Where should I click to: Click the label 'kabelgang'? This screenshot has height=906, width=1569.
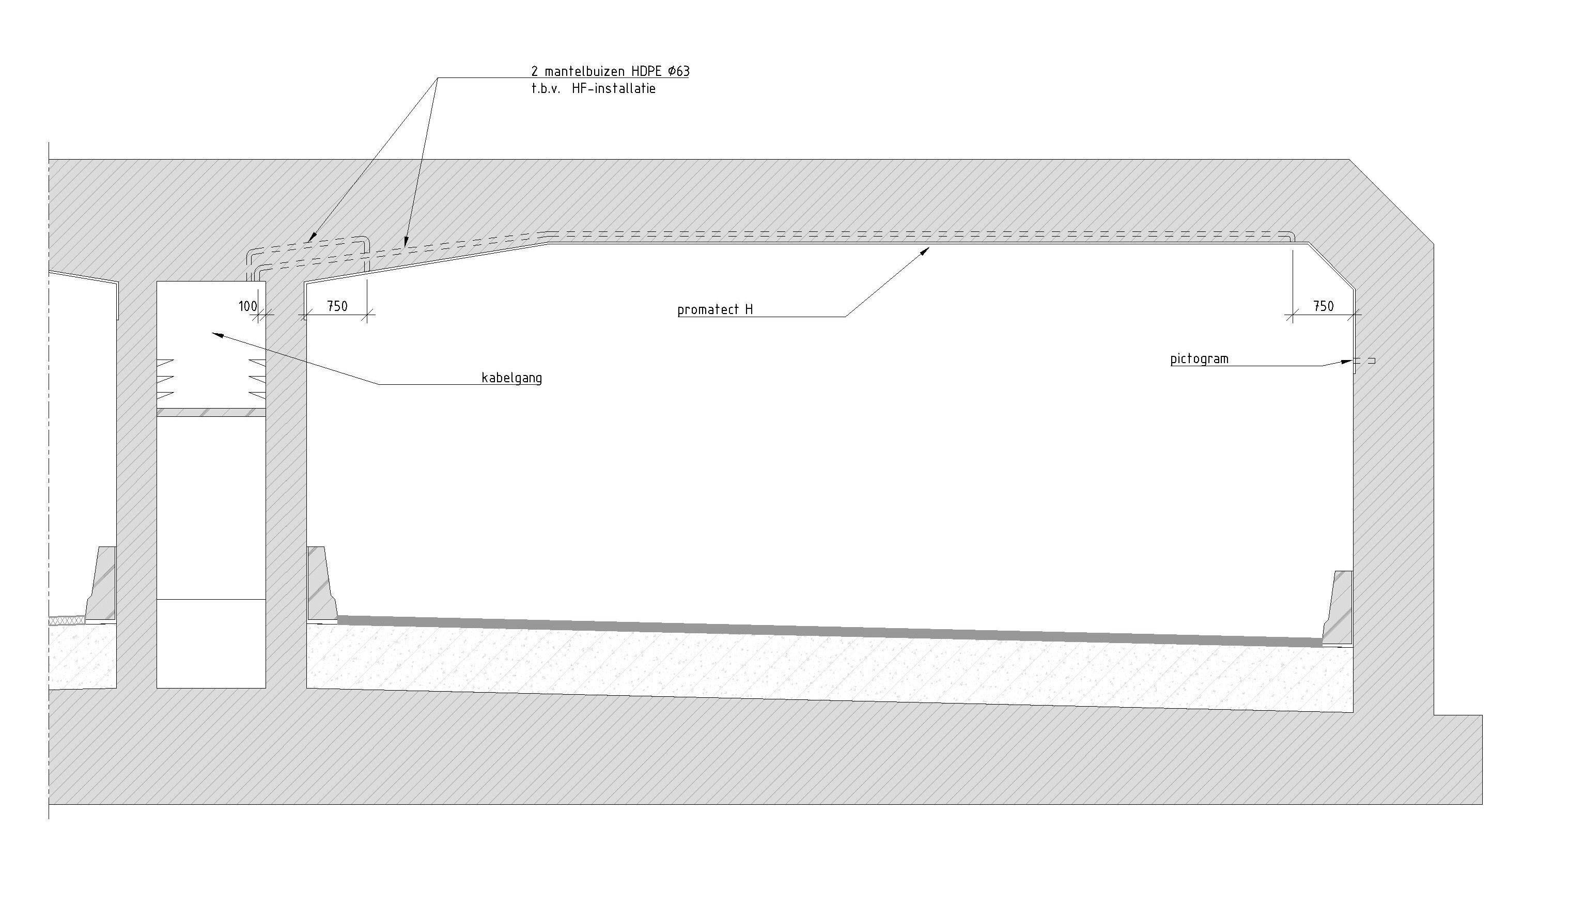coord(511,378)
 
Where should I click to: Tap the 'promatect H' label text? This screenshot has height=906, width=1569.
coord(715,309)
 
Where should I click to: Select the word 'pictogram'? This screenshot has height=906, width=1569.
coord(1199,359)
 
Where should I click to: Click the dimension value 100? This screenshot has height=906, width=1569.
coord(247,306)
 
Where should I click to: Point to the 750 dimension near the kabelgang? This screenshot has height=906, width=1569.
coord(337,306)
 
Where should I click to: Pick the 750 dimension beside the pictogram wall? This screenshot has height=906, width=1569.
coord(1324,306)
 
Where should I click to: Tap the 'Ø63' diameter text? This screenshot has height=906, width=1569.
coord(678,72)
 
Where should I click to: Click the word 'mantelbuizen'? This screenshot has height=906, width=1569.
coord(584,72)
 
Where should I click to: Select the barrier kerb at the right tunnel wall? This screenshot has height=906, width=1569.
coord(1338,607)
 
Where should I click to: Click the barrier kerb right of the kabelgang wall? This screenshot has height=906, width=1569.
coord(322,584)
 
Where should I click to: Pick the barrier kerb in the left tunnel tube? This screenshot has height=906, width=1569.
coord(100,584)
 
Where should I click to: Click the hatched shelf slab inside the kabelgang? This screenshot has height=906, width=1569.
coord(211,412)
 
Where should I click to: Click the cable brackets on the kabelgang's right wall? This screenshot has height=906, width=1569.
coord(257,379)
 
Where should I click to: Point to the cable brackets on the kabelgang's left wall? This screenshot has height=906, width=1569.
coord(165,379)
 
